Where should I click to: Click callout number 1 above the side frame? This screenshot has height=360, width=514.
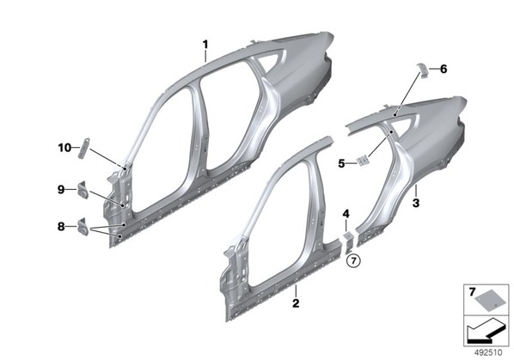[205, 44]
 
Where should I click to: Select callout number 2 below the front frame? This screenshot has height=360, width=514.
[296, 303]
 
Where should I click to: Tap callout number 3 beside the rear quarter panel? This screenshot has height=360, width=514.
[416, 203]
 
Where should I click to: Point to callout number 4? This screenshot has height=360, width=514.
[346, 214]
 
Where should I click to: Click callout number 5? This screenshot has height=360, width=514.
[341, 163]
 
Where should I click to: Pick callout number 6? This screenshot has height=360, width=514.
[444, 69]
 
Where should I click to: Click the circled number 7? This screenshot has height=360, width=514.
[353, 260]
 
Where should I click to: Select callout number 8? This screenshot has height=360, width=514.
[61, 226]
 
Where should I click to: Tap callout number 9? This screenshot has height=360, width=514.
[61, 189]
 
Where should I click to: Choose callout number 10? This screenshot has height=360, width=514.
[64, 148]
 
